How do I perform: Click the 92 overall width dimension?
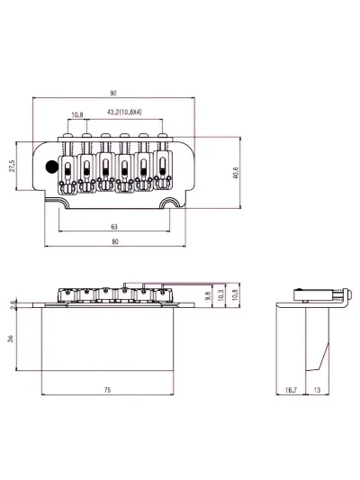(x=113, y=94)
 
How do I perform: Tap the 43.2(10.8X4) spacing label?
(x=124, y=113)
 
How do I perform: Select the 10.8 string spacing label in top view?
(x=77, y=114)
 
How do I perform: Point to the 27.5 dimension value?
(x=12, y=166)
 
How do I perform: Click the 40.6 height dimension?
(x=236, y=173)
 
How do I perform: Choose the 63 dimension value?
(x=113, y=227)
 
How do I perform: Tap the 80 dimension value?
(x=115, y=241)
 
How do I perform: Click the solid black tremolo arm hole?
(x=51, y=167)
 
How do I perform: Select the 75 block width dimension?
(x=107, y=390)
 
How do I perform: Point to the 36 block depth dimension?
(x=11, y=339)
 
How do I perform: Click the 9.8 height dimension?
(x=208, y=295)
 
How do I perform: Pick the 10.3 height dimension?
(x=221, y=295)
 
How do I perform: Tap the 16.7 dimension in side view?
(x=291, y=390)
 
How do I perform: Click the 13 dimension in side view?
(x=317, y=390)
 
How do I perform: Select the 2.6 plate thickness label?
(x=13, y=304)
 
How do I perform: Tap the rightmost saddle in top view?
(x=162, y=170)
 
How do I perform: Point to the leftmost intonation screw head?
(x=67, y=135)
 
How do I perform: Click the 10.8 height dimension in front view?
(x=235, y=295)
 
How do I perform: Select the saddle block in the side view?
(x=313, y=294)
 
